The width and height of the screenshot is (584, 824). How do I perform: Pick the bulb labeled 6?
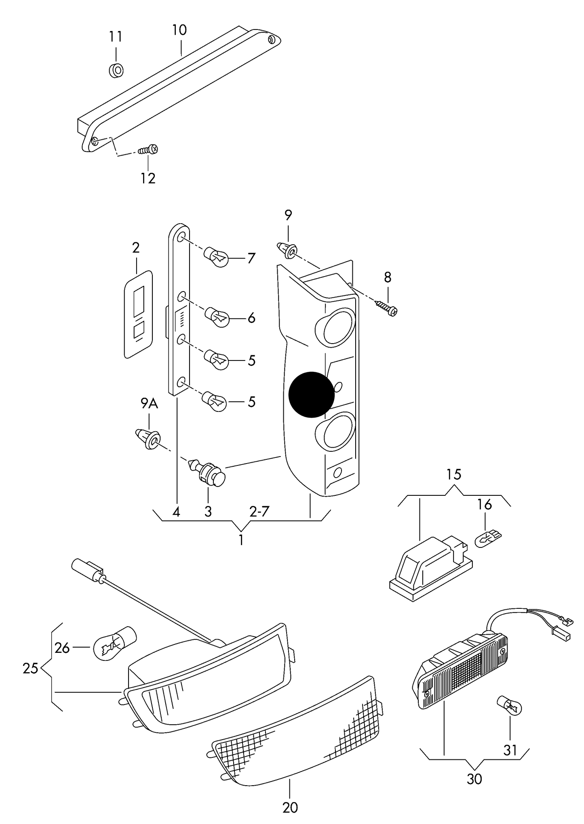point(217,316)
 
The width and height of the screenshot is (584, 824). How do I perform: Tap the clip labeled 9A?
point(148,439)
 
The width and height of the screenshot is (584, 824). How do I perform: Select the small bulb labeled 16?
point(488,539)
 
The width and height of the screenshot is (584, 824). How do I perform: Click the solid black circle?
point(312,394)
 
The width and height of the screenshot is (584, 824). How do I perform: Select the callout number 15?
point(454,474)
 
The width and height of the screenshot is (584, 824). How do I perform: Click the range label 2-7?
point(259,512)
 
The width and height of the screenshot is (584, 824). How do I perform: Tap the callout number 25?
point(31,669)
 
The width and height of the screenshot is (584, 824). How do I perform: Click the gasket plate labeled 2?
point(138,315)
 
